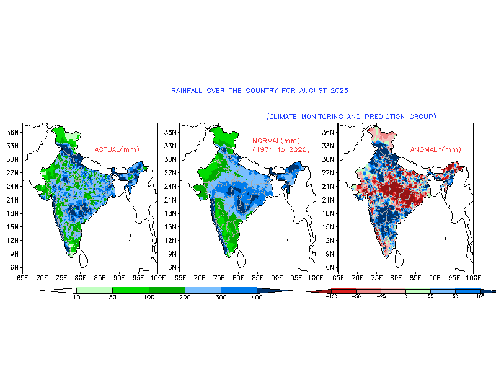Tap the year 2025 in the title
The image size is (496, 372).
[x=339, y=91]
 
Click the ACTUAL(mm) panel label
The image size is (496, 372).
[x=117, y=149]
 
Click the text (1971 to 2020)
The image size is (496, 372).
[x=281, y=149]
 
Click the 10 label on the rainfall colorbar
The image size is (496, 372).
[x=77, y=298]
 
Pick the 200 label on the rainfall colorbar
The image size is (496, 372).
[x=185, y=298]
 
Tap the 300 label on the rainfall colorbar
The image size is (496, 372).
[x=221, y=298]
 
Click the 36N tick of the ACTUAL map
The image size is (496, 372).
[x=12, y=132]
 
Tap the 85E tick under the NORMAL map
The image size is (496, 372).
[x=257, y=278]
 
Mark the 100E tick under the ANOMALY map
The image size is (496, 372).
[x=472, y=278]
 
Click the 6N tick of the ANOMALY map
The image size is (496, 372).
[x=328, y=267]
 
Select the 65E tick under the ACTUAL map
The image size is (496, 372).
[x=23, y=278]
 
